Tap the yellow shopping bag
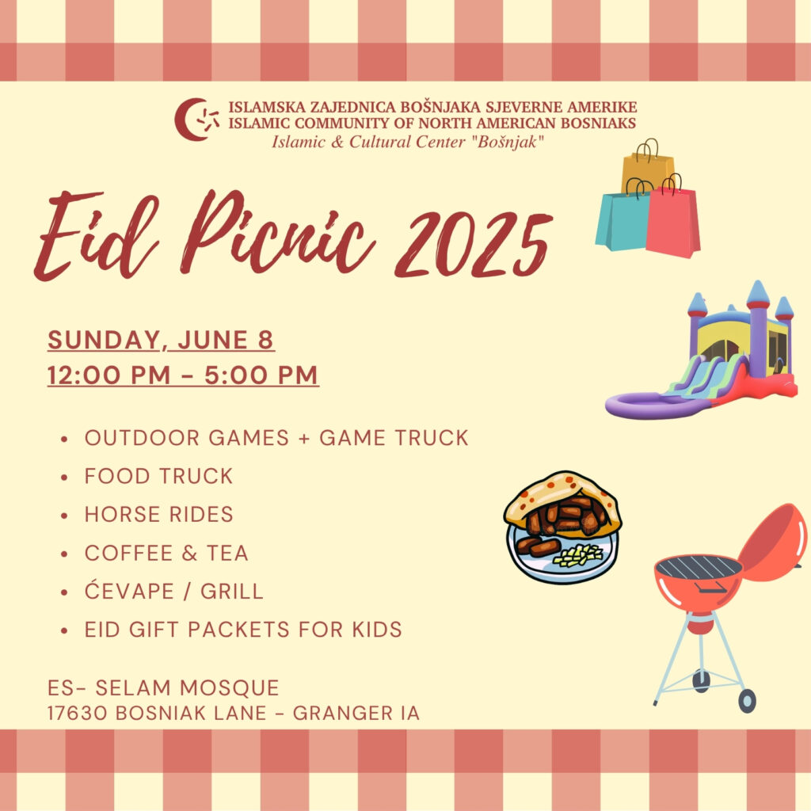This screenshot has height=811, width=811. coord(646,168)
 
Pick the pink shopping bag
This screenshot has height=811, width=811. coord(673,220)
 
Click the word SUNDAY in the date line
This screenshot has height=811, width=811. coord(105,341)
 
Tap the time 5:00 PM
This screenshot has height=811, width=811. coord(261,375)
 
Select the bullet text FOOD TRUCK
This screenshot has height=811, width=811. coord(158,476)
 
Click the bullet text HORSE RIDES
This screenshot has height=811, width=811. coord(158,515)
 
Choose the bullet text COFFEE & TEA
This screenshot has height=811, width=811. coord(166,553)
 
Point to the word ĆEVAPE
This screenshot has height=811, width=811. coord(129,590)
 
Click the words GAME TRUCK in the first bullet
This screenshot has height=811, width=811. coord(394,438)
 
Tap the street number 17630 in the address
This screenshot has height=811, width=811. coord(78,714)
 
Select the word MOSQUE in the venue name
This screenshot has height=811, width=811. coord(229,688)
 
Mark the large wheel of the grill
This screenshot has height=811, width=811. coord(747,701)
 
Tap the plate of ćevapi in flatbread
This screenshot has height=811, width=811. coord(563,527)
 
